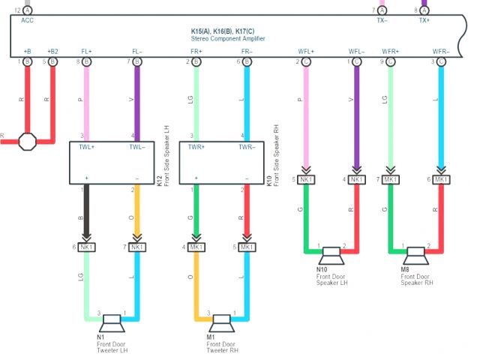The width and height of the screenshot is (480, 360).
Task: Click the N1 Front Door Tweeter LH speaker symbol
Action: (112, 322)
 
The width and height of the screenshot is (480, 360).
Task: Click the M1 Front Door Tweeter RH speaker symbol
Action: (220, 322)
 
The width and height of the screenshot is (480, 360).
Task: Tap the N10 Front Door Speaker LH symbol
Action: (331, 256)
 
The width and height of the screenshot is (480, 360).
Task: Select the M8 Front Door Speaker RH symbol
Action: (415, 256)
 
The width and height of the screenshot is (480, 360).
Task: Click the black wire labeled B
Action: (87, 213)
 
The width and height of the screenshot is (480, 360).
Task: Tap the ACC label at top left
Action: (27, 21)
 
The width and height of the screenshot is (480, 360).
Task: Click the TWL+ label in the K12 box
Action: (87, 148)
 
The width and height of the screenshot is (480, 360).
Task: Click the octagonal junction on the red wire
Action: (28, 141)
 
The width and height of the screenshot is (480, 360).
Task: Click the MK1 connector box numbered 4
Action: (196, 247)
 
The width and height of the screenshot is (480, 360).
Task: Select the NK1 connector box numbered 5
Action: (306, 179)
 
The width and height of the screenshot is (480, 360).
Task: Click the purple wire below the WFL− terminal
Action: (355, 112)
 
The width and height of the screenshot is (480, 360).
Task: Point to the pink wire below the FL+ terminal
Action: (87, 97)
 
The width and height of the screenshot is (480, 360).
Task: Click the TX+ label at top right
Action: (424, 21)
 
